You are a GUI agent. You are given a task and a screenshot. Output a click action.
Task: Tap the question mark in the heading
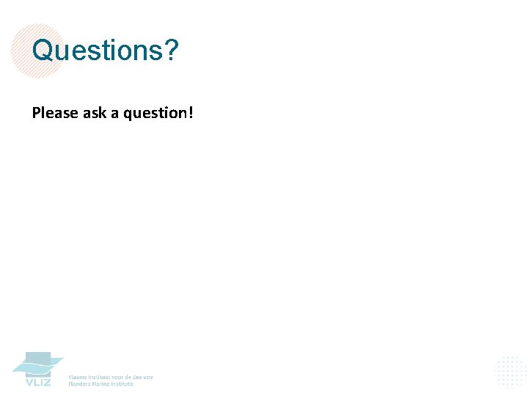(x=172, y=51)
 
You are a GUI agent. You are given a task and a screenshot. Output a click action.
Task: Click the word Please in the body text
(x=56, y=113)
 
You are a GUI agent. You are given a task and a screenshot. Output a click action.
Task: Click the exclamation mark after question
(x=191, y=112)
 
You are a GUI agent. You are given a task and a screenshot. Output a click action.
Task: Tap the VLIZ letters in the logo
(x=38, y=382)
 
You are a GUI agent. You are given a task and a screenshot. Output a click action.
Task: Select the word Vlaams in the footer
(x=77, y=377)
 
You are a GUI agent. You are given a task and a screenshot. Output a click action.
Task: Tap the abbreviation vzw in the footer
(x=148, y=377)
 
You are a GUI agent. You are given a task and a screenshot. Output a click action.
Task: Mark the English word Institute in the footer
(x=123, y=384)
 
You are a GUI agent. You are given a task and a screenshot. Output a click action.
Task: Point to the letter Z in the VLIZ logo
(x=47, y=382)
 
